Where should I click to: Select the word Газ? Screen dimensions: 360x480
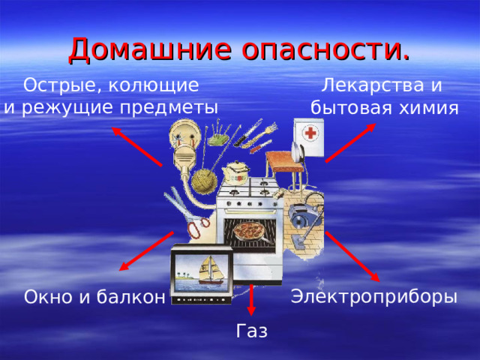click(x=251, y=331)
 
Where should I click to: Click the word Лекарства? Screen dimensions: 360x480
click(x=364, y=85)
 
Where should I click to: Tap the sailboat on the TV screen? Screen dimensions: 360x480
click(x=202, y=274)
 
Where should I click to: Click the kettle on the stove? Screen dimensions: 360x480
click(x=236, y=170)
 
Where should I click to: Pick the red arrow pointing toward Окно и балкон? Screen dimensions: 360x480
click(x=146, y=251)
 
